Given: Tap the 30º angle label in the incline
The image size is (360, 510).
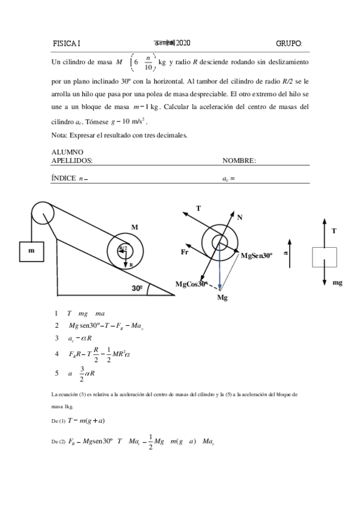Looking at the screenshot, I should pyautogui.click(x=138, y=288).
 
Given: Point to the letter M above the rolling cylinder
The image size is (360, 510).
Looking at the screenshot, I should pyautogui.click(x=135, y=227).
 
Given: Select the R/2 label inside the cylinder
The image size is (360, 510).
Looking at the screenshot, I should pyautogui.click(x=123, y=248).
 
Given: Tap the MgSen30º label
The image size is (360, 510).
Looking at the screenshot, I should pyautogui.click(x=257, y=256).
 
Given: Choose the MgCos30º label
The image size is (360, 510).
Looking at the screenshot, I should pyautogui.click(x=192, y=283).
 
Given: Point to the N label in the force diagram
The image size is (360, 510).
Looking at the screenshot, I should pyautogui.click(x=240, y=217).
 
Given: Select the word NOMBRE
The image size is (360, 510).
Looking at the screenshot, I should pyautogui.click(x=239, y=161).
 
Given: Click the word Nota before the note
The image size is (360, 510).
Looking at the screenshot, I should pyautogui.click(x=59, y=135).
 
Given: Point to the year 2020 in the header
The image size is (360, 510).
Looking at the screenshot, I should pyautogui.click(x=183, y=43).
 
